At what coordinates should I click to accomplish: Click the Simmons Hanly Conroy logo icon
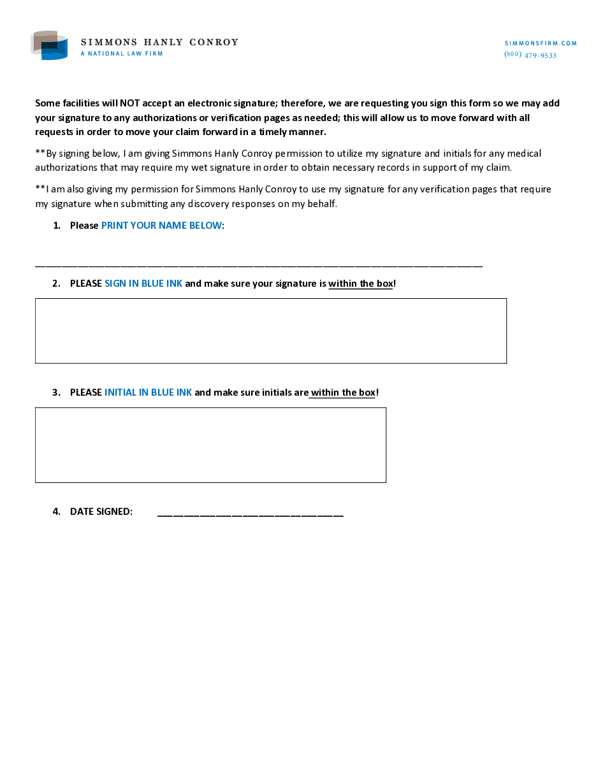click(x=49, y=45)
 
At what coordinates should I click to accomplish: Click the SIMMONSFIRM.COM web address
click(x=541, y=43)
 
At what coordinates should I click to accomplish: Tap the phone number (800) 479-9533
click(x=530, y=55)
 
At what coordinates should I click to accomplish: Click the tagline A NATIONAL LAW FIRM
click(x=121, y=54)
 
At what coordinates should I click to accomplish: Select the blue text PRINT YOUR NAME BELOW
click(x=161, y=226)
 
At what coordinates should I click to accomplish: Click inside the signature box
click(x=270, y=331)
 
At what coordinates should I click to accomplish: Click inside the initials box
click(x=210, y=445)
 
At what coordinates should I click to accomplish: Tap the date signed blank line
click(x=250, y=514)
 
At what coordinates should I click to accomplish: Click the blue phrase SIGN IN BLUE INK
click(x=143, y=284)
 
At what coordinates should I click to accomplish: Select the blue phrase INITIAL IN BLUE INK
click(x=148, y=393)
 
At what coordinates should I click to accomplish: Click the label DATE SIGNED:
click(x=101, y=512)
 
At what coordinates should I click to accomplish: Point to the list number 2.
click(x=56, y=284)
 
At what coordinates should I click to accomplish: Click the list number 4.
click(x=56, y=512)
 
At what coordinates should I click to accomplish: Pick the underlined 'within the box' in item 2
click(x=361, y=284)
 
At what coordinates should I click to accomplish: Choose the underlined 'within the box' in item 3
click(x=343, y=393)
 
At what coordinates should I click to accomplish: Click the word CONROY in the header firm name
click(x=214, y=43)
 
